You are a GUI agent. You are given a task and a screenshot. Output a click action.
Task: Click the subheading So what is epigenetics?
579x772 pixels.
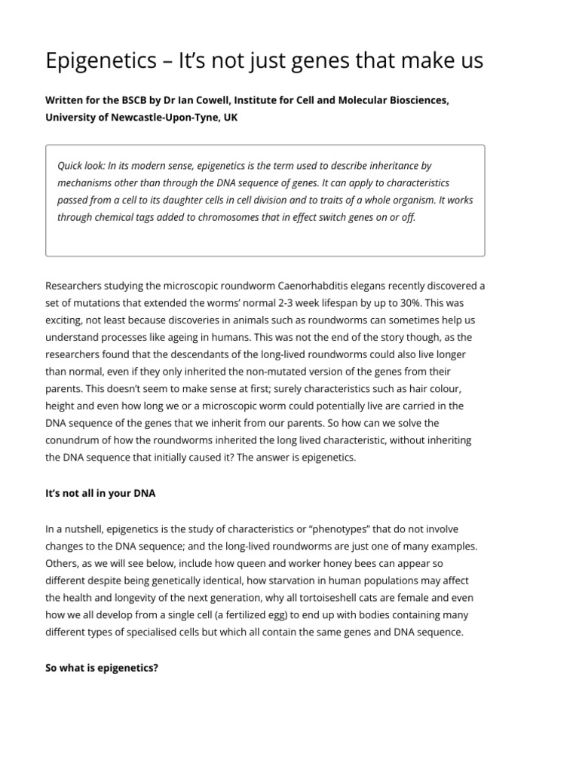click(102, 667)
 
